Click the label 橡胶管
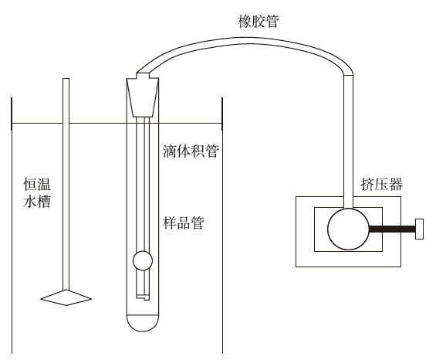pos(259,22)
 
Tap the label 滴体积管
pos(191,151)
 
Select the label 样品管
pos(184,222)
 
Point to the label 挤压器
pos(381,184)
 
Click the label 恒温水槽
pos(37,193)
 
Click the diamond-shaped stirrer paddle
pos(66,297)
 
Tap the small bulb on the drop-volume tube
pos(143,261)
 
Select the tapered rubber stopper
pos(143,97)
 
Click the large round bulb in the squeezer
pos(348,229)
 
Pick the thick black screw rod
pos(392,229)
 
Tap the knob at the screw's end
pos(420,229)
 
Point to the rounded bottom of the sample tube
pos(143,323)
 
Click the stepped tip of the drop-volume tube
pos(143,297)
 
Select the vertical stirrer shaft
pos(66,184)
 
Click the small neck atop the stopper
pos(143,75)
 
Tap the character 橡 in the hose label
pos(245,22)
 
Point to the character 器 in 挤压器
pos(396,184)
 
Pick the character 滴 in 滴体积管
pos(170,151)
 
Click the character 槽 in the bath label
pos(44,202)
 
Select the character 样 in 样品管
pos(170,222)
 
